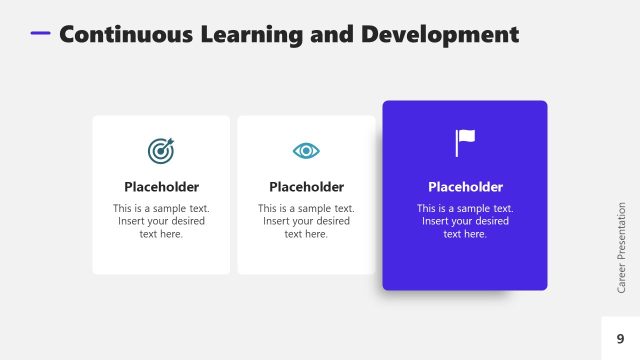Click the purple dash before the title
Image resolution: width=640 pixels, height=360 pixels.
click(40, 33)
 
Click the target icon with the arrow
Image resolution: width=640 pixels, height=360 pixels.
click(161, 150)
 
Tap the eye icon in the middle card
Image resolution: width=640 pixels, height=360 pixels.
click(306, 150)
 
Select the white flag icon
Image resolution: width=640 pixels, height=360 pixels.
click(465, 143)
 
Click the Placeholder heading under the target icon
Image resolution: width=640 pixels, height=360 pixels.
click(161, 187)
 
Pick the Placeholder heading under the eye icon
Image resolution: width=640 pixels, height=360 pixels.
click(306, 187)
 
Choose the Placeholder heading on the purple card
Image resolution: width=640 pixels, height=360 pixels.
click(465, 187)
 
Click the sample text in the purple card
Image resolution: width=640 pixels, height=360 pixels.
click(465, 221)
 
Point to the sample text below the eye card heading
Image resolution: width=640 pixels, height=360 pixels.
click(306, 221)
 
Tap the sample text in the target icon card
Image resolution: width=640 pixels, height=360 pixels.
click(161, 221)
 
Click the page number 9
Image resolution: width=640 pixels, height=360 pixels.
click(620, 339)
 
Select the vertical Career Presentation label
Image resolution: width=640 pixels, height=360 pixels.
click(621, 246)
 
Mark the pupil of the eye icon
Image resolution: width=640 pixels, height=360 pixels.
click(306, 150)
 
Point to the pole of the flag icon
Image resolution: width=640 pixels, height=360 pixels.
click(457, 144)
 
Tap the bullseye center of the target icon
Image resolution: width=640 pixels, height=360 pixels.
click(160, 151)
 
